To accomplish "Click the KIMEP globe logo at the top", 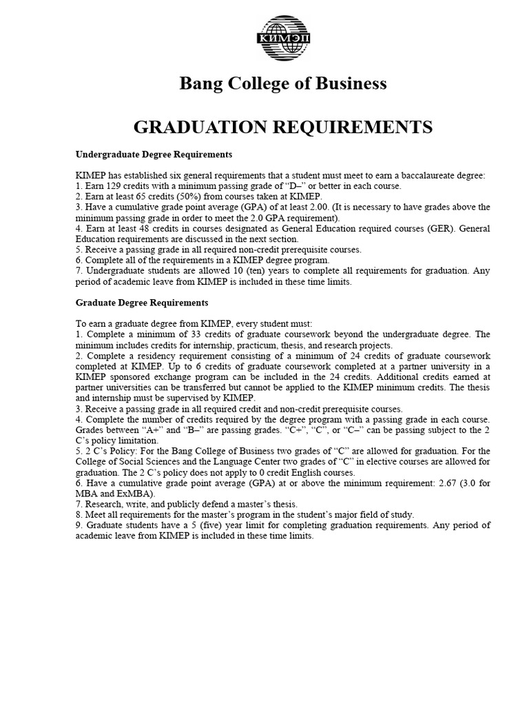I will [283, 37].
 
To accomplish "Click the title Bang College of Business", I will [283, 83].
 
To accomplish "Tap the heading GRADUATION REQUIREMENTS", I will [283, 127].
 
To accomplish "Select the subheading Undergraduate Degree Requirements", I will [154, 154].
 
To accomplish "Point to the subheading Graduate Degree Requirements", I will [141, 303].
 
